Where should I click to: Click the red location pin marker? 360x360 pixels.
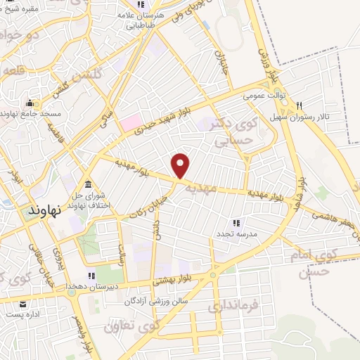tap(181, 165)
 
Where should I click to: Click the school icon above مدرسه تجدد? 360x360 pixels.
tap(237, 222)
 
